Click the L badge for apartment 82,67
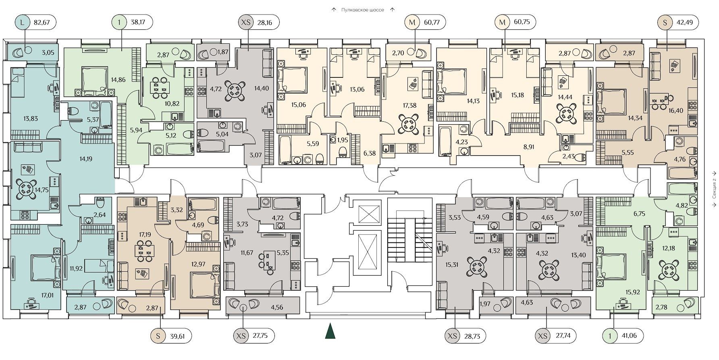tap(23, 22)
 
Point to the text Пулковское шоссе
tap(362, 10)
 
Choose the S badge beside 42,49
tap(664, 23)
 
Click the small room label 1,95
tap(342, 140)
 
